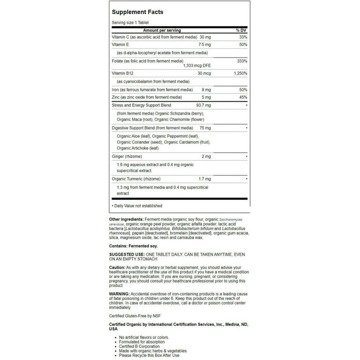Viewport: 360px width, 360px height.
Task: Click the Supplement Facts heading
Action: [138, 11]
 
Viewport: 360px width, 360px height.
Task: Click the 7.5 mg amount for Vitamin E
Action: [204, 44]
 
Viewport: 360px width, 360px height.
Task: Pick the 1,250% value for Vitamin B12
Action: [239, 74]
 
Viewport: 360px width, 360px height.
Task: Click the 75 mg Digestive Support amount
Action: [205, 127]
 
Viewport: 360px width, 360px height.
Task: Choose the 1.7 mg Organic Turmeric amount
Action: [204, 179]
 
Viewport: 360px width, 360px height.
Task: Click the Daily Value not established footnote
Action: [137, 206]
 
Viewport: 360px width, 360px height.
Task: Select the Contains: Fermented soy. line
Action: [134, 246]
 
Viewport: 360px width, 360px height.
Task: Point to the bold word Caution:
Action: [117, 267]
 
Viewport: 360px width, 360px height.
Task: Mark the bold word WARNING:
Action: [120, 294]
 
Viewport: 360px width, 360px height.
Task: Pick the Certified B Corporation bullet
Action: [140, 346]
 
